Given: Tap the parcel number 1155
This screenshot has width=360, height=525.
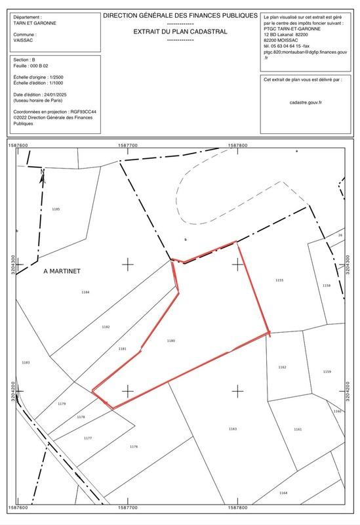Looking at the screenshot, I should coord(279,280).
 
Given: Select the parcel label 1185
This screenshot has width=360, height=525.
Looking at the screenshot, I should coord(55,209).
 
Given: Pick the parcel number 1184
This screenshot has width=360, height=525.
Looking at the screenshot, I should coord(85,292).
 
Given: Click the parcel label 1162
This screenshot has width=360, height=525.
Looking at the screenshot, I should coord(283,367).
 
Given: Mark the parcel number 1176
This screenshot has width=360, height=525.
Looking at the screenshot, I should coord(134,446).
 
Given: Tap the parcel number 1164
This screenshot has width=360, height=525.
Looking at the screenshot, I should coord(283,493).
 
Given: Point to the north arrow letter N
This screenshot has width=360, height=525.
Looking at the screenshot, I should coord(41,173).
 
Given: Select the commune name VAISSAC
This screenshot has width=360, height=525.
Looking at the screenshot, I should coord(24,40).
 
